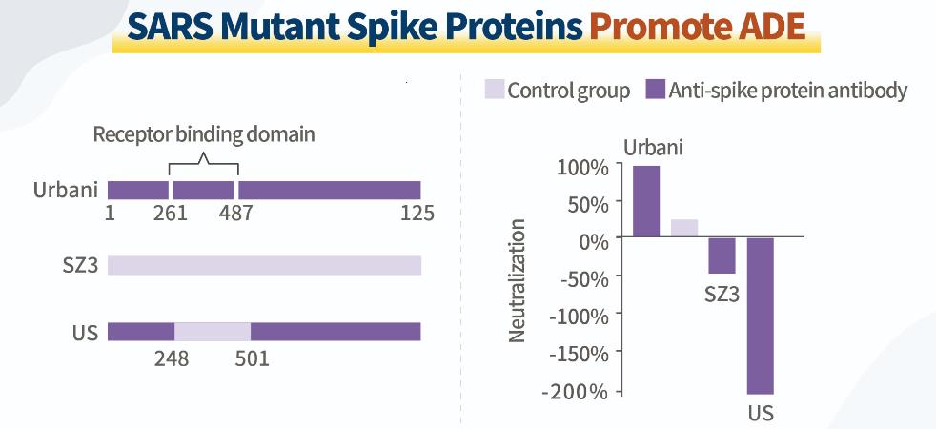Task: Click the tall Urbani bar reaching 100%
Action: [x=646, y=201]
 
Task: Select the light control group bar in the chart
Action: [x=684, y=228]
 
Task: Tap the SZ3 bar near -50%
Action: [x=722, y=255]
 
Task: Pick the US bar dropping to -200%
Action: [x=760, y=316]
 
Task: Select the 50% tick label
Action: [x=586, y=203]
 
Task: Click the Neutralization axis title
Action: [x=518, y=280]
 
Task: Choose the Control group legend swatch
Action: [x=494, y=90]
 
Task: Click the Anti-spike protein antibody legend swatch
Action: [x=655, y=90]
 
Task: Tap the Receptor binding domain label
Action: [x=203, y=134]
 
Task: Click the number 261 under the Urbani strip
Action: [x=170, y=213]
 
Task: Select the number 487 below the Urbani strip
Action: [x=235, y=213]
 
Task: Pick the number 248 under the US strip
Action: [x=172, y=359]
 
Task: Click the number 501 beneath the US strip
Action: [x=252, y=359]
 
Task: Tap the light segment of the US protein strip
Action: [x=213, y=331]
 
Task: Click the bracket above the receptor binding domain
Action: [x=203, y=159]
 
